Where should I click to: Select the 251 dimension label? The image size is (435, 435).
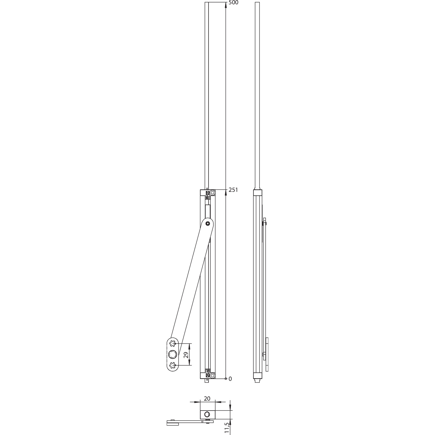tap(233, 190)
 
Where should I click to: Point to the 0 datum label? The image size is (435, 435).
tap(230, 379)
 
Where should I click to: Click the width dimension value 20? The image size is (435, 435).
tap(207, 399)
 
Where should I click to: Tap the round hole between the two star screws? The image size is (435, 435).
tap(172, 355)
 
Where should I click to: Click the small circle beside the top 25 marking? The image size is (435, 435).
tap(212, 193)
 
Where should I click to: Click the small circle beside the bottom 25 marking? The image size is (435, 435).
tap(212, 375)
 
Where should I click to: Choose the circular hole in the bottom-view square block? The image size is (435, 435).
tap(207, 415)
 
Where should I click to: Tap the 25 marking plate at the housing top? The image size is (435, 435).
tap(208, 195)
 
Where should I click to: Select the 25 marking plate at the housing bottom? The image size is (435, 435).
tap(208, 374)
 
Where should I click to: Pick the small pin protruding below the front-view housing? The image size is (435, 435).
tap(206, 381)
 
